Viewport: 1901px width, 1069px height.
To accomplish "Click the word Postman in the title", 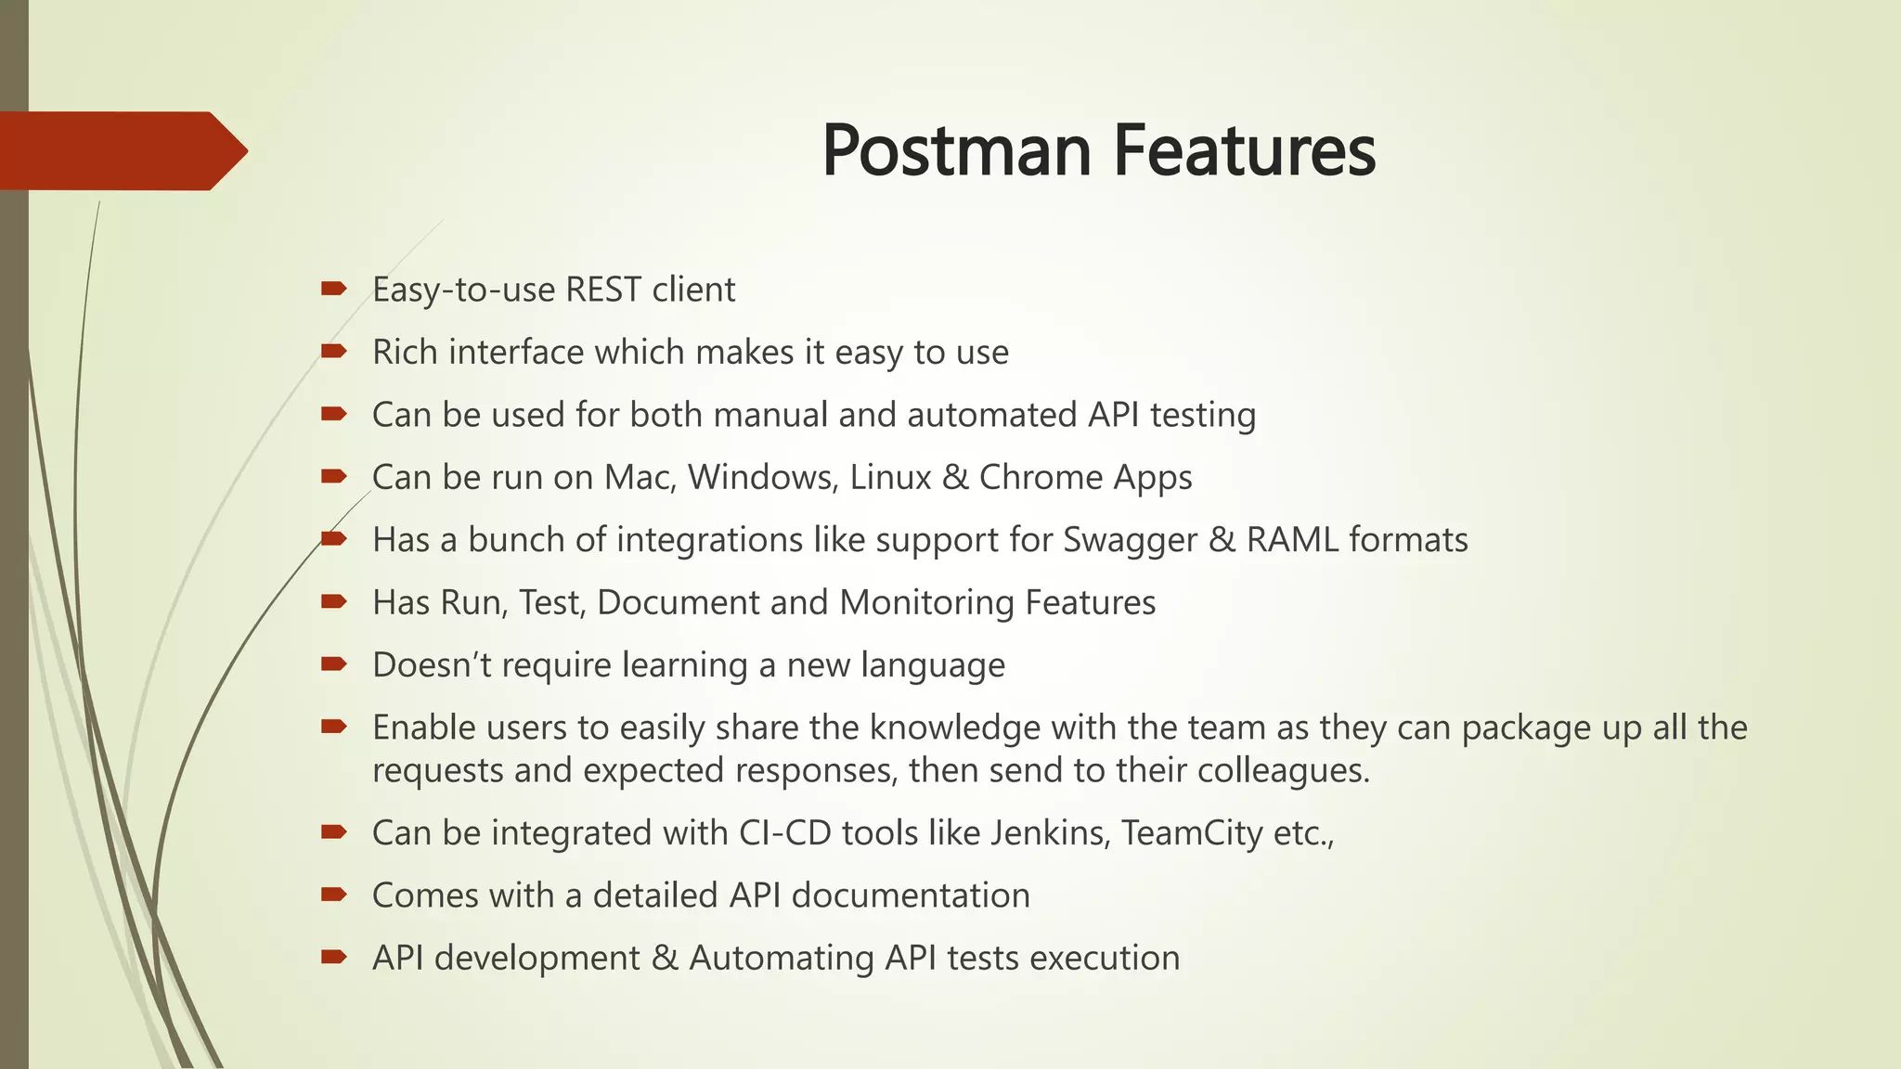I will point(956,150).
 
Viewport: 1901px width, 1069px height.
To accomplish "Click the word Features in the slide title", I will point(1244,150).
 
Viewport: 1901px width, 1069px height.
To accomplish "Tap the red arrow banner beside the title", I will point(121,150).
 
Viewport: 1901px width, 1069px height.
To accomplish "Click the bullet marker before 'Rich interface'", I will point(333,351).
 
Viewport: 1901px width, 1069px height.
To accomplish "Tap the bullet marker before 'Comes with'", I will point(333,895).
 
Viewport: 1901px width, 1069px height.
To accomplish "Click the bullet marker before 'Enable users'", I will point(333,727).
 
